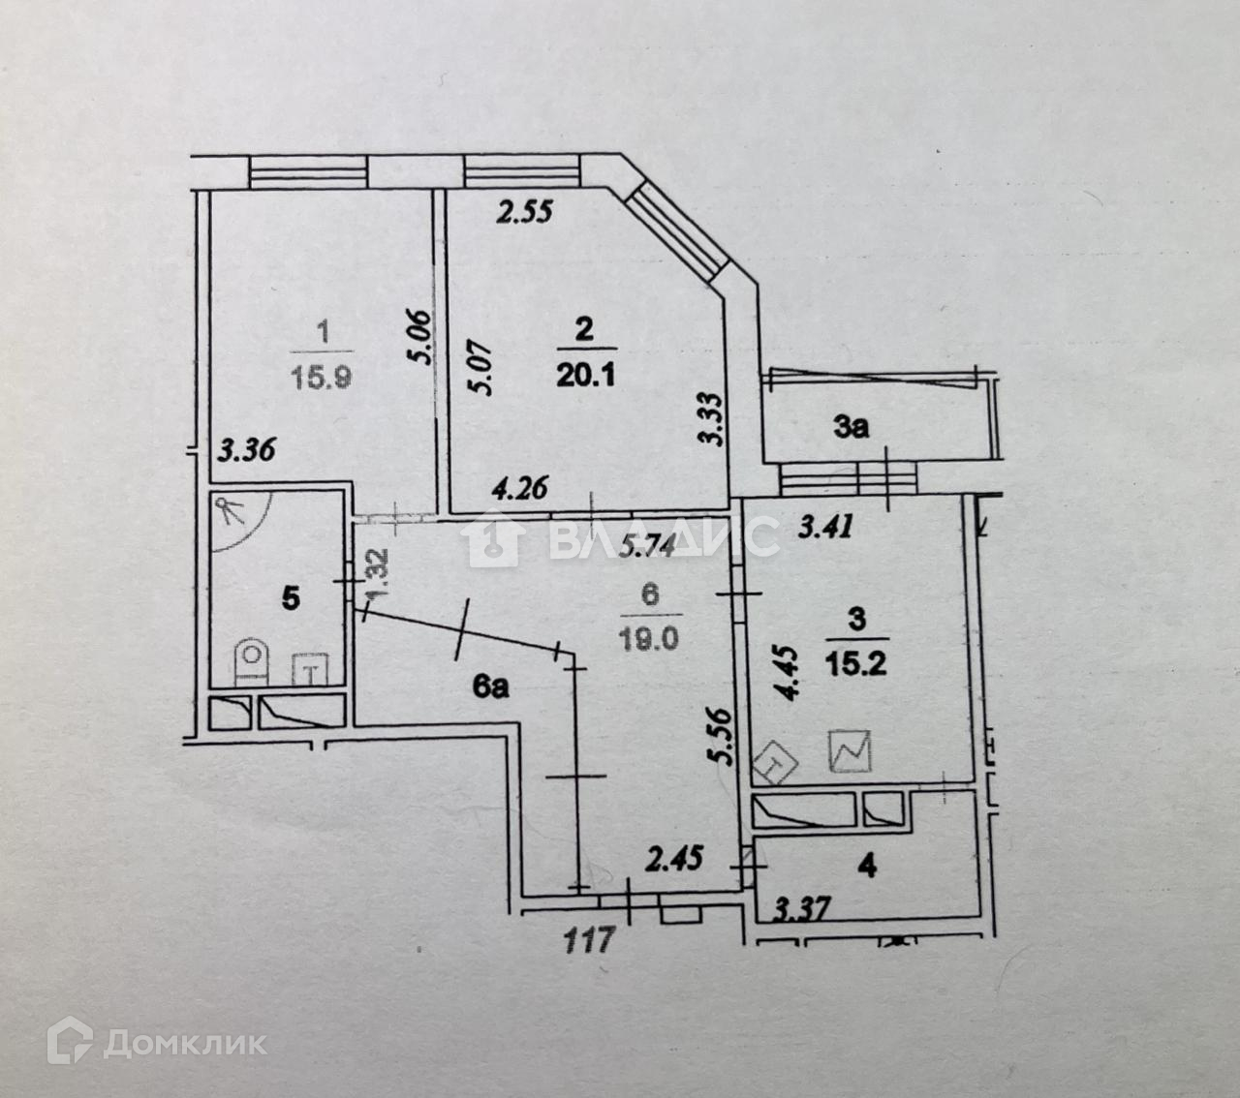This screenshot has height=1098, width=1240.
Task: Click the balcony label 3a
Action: tap(851, 427)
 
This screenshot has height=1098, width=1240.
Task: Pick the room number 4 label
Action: tap(868, 865)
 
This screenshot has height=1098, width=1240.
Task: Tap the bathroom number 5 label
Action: tap(290, 598)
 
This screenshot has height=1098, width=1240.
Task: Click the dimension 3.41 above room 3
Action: tap(824, 528)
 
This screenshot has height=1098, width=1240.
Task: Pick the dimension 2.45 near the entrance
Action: tap(676, 858)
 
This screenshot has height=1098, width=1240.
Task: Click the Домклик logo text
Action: tap(184, 1043)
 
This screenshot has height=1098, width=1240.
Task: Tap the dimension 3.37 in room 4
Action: tap(803, 910)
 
